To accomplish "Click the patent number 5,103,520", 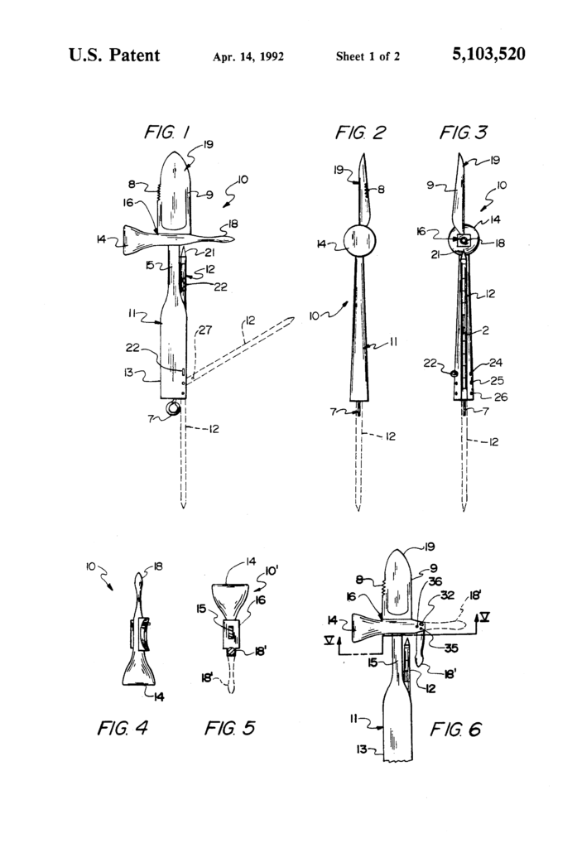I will click(488, 55).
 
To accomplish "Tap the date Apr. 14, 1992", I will click(248, 57).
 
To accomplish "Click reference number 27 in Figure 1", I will click(204, 330).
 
